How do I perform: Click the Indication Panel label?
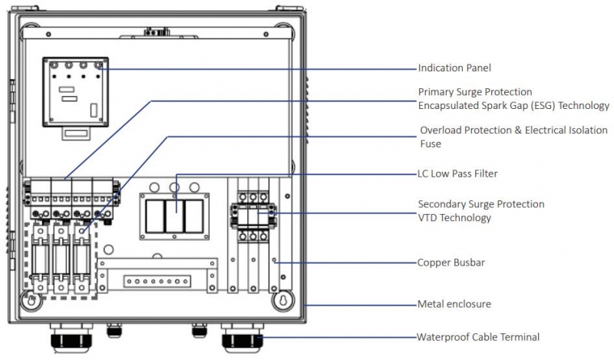454,68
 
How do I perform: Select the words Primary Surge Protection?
475,92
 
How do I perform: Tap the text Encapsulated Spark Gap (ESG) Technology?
513,106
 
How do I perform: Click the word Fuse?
431,144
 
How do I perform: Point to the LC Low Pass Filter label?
458,174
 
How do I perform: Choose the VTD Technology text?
454,218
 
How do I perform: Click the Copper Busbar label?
452,263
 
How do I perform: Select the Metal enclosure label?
454,304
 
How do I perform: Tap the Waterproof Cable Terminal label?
478,336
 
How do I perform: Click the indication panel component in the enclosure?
74,90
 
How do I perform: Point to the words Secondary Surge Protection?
481,204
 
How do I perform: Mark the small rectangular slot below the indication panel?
75,133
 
